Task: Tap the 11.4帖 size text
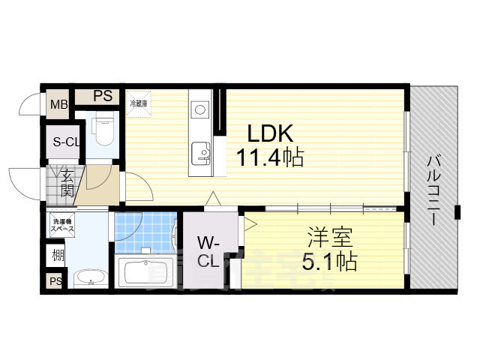click(x=270, y=158)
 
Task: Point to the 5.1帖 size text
click(x=329, y=261)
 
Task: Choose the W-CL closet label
click(x=208, y=251)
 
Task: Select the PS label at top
click(x=103, y=96)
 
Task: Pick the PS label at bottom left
click(x=55, y=281)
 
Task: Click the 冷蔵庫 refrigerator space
click(x=139, y=104)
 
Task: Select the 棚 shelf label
click(x=58, y=256)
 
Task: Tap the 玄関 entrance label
click(x=67, y=184)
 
